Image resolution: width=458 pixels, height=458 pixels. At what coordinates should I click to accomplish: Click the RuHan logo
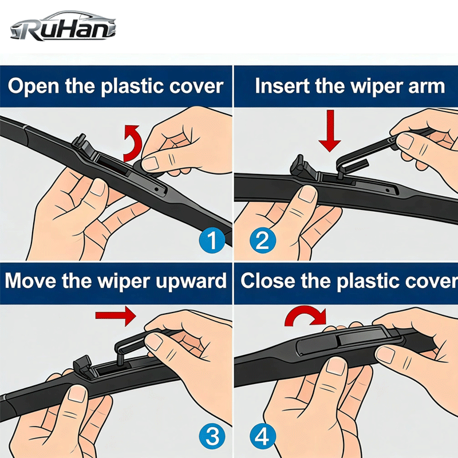[x=64, y=26]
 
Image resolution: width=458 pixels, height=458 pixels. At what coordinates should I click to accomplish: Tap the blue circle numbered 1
[x=212, y=240]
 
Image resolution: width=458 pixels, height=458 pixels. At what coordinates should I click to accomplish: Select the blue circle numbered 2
[x=262, y=240]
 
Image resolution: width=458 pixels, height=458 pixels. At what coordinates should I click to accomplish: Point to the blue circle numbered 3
[x=212, y=437]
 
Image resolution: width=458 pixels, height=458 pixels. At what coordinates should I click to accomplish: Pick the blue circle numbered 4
[x=262, y=437]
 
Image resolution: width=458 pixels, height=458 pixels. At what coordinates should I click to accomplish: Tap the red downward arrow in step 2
[x=330, y=131]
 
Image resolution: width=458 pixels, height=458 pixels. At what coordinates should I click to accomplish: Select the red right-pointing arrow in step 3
[x=116, y=315]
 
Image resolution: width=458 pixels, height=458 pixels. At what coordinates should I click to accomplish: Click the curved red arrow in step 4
[x=305, y=315]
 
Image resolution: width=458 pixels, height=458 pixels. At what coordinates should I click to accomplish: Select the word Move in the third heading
[x=30, y=281]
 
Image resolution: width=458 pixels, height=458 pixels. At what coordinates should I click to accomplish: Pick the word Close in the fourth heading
[x=268, y=281]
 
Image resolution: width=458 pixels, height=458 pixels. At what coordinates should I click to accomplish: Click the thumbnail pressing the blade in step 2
[x=307, y=194]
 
